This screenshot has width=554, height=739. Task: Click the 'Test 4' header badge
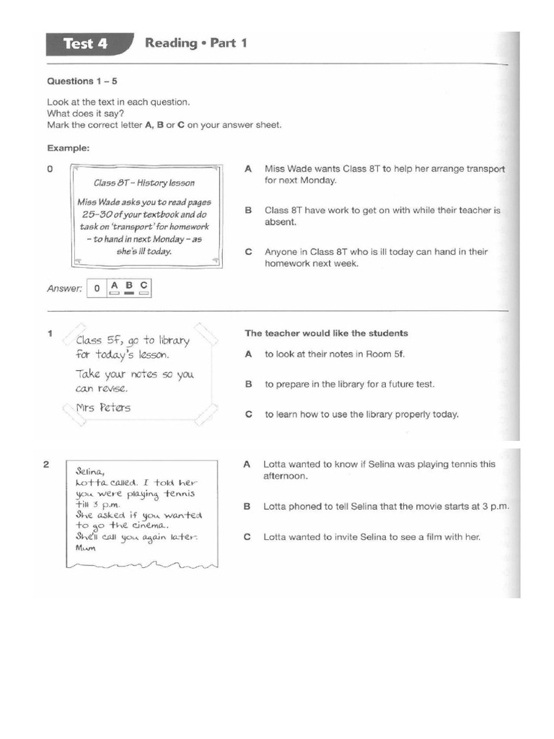[x=85, y=44]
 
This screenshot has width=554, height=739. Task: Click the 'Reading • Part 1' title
[x=196, y=43]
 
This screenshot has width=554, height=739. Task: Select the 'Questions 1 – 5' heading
[x=82, y=82]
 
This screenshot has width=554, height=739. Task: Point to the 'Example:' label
[x=69, y=148]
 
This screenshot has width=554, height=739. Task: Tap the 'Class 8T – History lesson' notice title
[x=144, y=183]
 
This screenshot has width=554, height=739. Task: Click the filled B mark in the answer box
[x=129, y=294]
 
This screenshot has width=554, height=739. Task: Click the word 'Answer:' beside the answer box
[x=65, y=289]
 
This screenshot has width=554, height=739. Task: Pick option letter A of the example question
[x=247, y=169]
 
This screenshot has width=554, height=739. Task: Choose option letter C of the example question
[x=247, y=252]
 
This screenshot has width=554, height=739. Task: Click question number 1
[x=50, y=333]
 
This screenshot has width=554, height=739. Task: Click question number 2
[x=46, y=465]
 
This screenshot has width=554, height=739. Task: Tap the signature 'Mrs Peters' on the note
[x=103, y=408]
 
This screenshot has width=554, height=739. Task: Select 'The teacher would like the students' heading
[x=326, y=333]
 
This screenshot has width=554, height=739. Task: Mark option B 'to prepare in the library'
[x=349, y=385]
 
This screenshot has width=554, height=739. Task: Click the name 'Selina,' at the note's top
[x=91, y=470]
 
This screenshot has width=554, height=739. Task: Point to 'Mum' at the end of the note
[x=85, y=548]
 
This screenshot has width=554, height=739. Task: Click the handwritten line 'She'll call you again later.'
[x=136, y=538]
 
